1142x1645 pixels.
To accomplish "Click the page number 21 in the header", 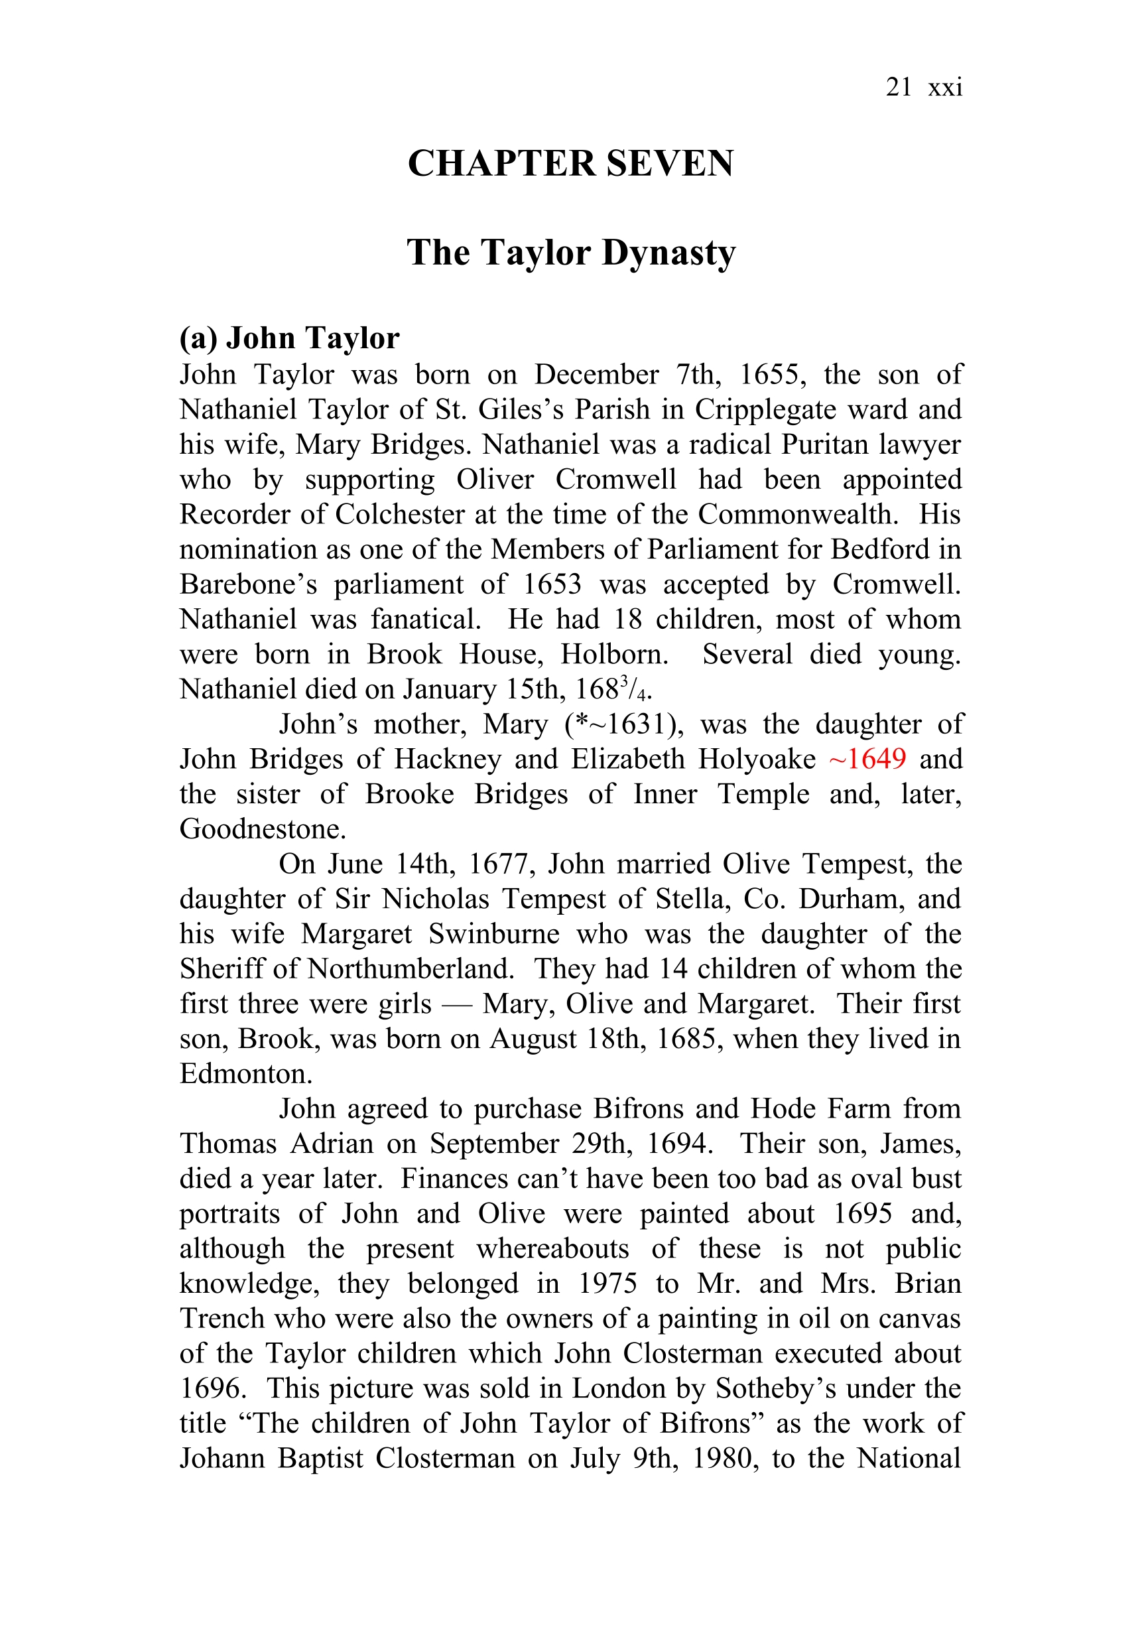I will tap(898, 88).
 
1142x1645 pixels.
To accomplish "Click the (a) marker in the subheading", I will tap(198, 338).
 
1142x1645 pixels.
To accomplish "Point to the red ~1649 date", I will tap(867, 758).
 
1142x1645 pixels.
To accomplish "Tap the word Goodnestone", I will tap(263, 828).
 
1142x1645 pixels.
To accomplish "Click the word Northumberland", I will tap(411, 969).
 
